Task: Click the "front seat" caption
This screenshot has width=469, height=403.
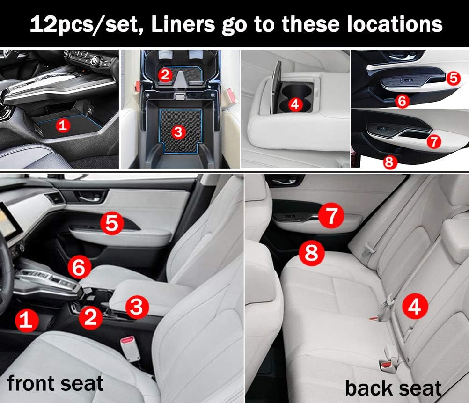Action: click(55, 383)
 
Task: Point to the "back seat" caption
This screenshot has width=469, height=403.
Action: click(393, 388)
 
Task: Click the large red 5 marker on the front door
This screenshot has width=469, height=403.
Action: click(112, 223)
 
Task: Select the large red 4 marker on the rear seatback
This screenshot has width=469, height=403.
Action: click(415, 306)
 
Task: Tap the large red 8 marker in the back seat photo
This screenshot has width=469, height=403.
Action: click(312, 253)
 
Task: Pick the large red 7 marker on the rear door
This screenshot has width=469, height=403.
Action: click(331, 215)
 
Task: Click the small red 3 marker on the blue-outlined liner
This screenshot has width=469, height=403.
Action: click(178, 132)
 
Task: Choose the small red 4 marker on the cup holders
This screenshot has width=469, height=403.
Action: click(295, 104)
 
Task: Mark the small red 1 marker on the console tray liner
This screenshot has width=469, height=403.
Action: click(63, 125)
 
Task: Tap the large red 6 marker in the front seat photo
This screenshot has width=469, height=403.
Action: click(79, 267)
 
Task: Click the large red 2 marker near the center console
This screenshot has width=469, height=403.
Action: click(91, 317)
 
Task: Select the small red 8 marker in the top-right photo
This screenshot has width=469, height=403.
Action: click(389, 162)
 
